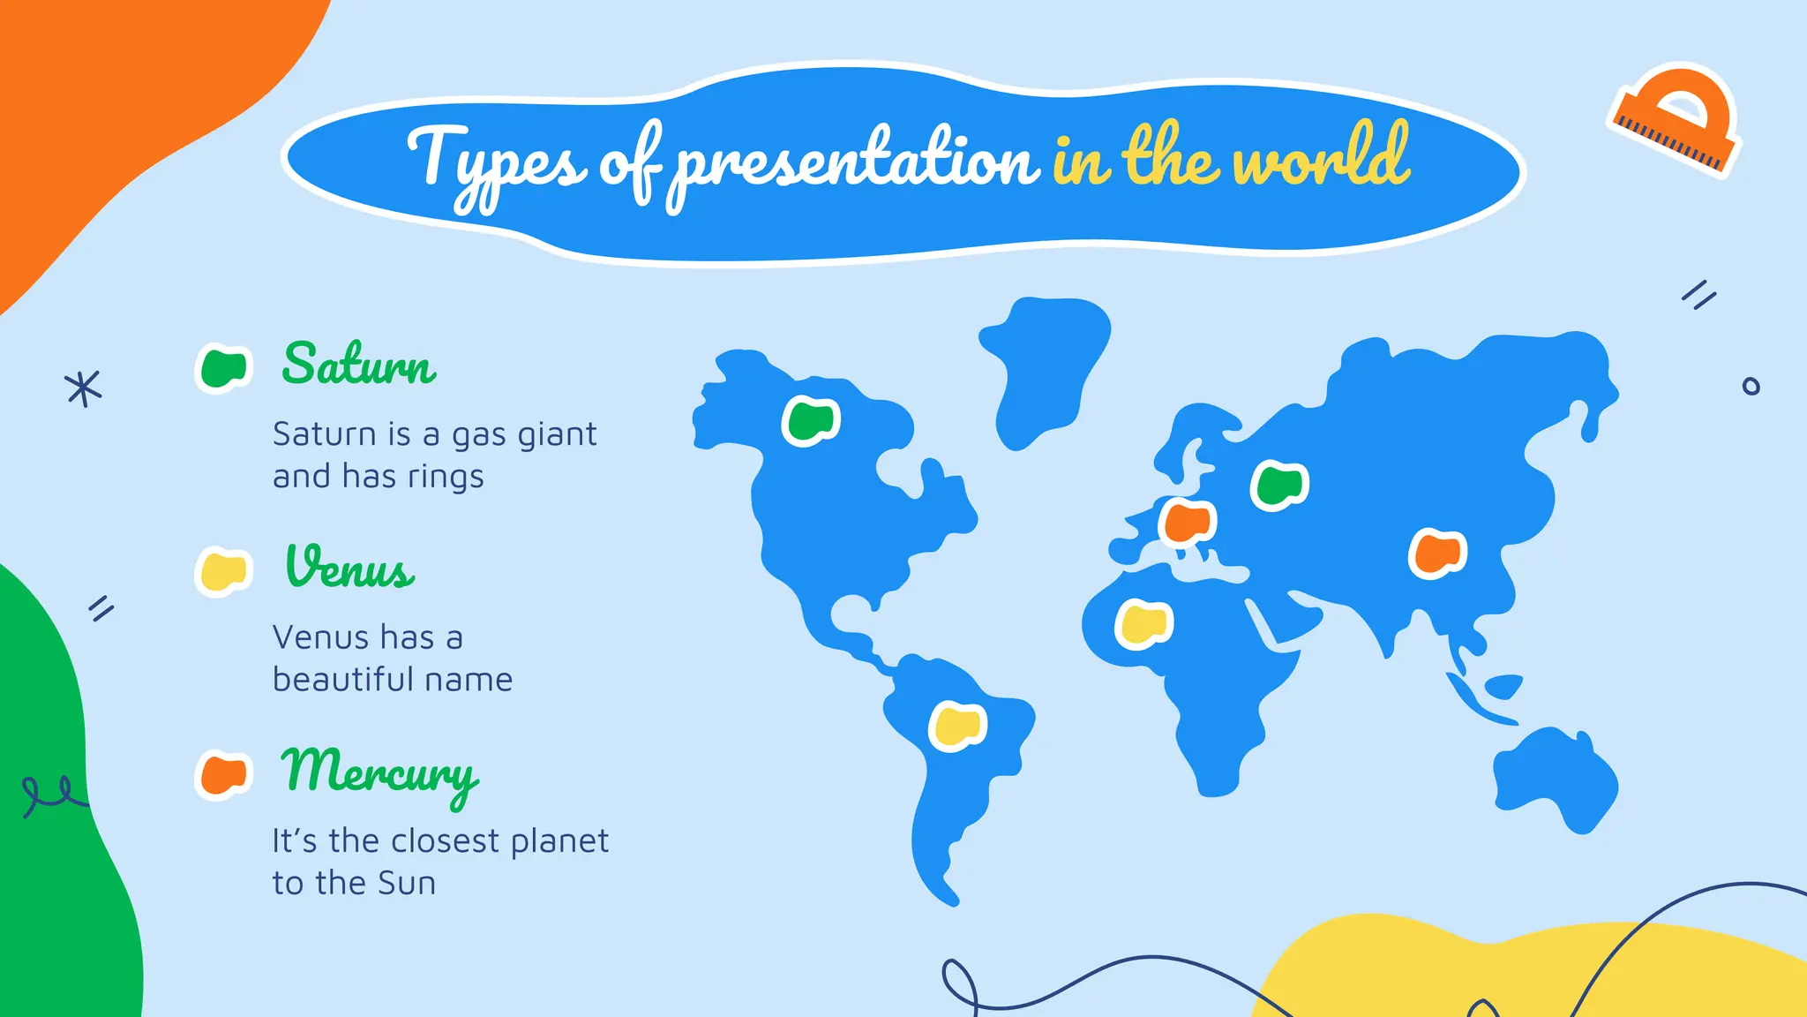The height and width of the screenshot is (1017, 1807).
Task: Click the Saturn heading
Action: click(x=358, y=364)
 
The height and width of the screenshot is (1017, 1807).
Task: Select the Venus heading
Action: click(x=350, y=568)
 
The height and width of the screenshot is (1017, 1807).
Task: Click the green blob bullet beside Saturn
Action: click(x=223, y=367)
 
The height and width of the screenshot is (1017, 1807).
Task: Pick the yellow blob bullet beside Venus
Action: click(x=223, y=571)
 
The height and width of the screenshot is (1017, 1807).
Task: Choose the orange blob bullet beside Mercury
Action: click(x=223, y=775)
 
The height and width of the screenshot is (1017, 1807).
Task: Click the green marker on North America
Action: click(x=811, y=420)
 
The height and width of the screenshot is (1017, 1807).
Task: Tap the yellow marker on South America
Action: click(x=957, y=726)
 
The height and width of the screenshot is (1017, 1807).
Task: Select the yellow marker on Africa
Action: click(x=1144, y=623)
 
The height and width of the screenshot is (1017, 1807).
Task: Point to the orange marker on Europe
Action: click(x=1188, y=522)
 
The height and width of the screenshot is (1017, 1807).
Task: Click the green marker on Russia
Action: click(x=1279, y=485)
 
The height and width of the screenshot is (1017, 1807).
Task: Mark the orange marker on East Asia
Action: click(x=1437, y=553)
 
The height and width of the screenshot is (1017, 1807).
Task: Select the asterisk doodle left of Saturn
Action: click(x=83, y=388)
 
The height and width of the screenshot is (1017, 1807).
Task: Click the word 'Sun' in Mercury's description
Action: click(x=407, y=883)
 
